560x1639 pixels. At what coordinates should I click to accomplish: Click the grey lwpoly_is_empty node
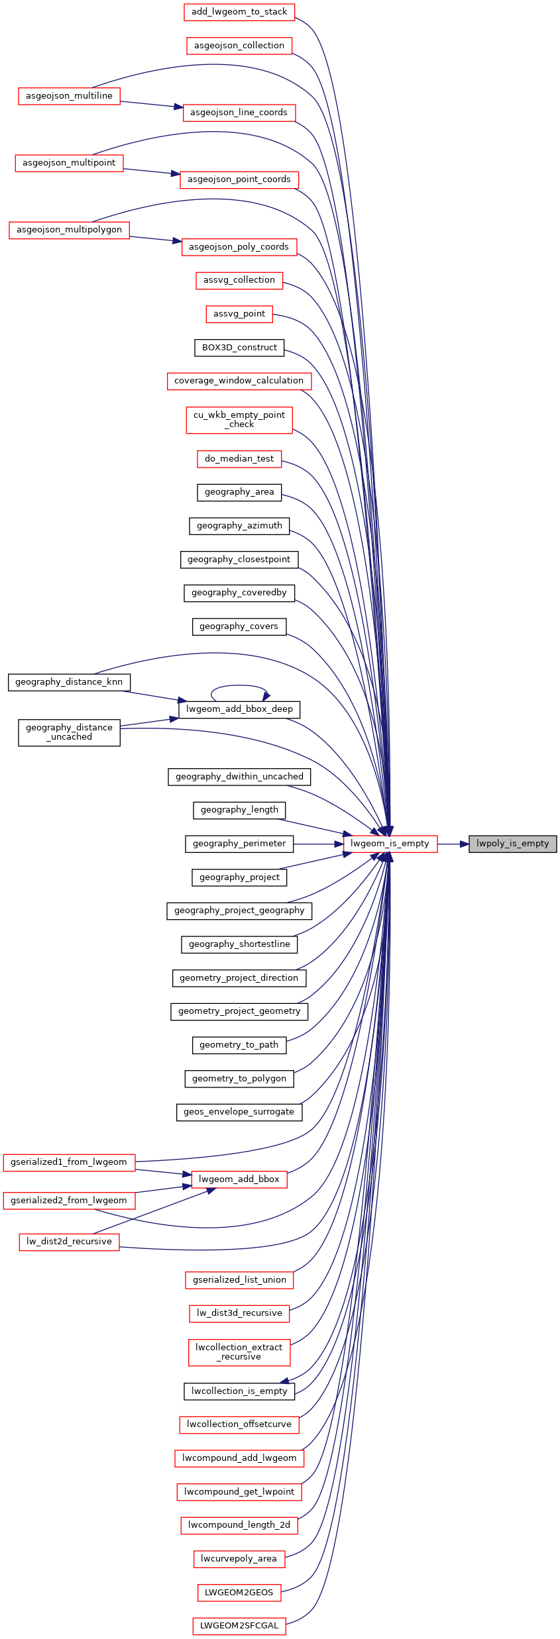coord(512,844)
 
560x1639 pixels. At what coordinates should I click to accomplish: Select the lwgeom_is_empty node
coord(390,844)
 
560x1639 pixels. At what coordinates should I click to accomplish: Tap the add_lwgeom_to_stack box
coord(239,12)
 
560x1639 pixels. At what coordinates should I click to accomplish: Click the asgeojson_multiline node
coord(69,96)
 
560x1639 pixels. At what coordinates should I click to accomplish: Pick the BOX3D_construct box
coord(239,348)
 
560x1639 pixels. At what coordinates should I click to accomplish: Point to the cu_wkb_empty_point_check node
coord(239,420)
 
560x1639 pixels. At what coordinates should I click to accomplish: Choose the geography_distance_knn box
coord(69,682)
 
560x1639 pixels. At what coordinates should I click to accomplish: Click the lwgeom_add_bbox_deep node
coord(239,709)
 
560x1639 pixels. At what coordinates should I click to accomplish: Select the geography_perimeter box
coord(239,844)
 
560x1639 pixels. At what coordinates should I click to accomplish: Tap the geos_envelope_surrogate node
coord(239,1112)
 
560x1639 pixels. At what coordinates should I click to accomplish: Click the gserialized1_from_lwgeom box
coord(69,1162)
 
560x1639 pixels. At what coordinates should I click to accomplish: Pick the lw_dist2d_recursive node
coord(69,1242)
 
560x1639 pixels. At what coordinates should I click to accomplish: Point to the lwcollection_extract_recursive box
coord(239,1352)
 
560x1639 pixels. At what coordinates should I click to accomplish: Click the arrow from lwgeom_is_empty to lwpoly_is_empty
coord(453,844)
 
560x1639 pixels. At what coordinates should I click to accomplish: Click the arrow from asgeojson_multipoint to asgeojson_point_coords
coord(152,172)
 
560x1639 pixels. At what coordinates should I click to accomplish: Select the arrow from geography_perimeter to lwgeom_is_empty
coord(318,844)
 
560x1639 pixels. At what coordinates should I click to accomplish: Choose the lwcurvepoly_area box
coord(239,1559)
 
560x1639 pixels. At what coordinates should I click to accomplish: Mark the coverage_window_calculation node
coord(239,381)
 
